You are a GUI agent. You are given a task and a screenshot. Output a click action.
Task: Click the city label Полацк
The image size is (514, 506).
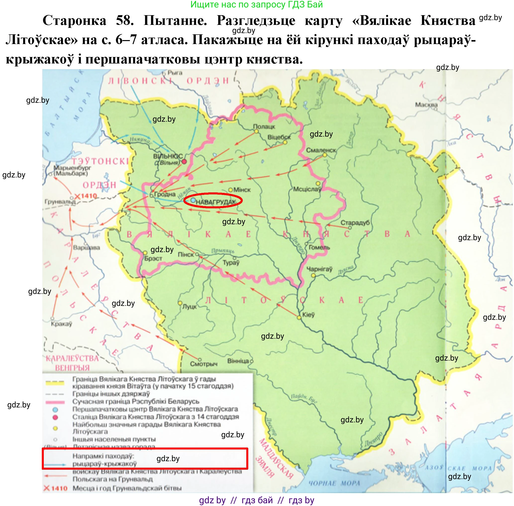tap(264, 126)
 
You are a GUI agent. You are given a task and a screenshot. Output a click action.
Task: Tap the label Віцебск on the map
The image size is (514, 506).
tap(279, 137)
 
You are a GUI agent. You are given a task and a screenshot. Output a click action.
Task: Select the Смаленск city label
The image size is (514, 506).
tap(321, 150)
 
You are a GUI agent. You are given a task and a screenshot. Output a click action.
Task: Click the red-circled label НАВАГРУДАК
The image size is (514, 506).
tap(215, 202)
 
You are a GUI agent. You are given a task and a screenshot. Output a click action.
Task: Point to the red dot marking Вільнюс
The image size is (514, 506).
tap(184, 161)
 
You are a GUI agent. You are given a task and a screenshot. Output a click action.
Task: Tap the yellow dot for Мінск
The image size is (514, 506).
tap(231, 190)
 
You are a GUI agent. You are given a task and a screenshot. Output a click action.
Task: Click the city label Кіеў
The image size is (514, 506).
tap(308, 315)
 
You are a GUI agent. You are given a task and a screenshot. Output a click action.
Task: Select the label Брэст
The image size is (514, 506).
tap(153, 259)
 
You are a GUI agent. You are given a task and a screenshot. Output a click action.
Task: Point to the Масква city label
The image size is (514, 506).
tap(426, 105)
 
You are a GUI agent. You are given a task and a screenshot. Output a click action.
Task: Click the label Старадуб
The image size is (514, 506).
tap(355, 223)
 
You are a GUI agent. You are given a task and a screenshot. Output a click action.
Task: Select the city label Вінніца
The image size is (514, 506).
tap(238, 361)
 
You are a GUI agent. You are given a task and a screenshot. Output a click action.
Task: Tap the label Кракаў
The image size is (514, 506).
tap(61, 324)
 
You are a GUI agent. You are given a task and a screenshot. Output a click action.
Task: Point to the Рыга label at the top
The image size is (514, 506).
tap(175, 72)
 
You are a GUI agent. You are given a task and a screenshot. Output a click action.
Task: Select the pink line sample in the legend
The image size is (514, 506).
tap(55, 402)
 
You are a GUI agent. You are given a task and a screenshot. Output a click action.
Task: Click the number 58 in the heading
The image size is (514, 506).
tap(125, 20)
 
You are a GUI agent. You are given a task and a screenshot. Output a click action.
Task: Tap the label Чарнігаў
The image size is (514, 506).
tap(319, 269)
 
